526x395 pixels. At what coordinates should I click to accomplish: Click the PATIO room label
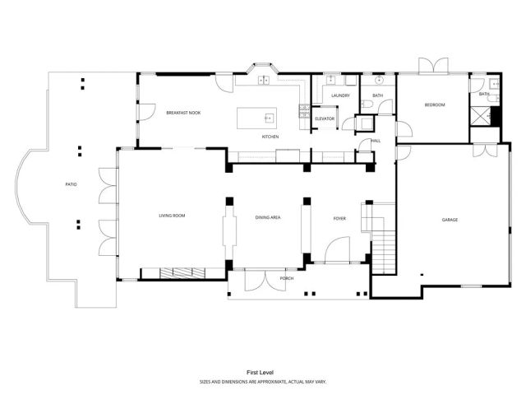click(x=72, y=184)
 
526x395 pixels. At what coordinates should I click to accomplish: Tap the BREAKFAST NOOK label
click(x=183, y=112)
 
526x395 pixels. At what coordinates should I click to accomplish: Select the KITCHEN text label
click(x=270, y=136)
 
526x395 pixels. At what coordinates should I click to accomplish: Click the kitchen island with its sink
click(x=257, y=118)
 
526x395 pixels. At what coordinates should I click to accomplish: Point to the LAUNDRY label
click(x=340, y=96)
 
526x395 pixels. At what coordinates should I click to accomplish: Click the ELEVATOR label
click(x=325, y=118)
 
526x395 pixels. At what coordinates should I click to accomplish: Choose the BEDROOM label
click(x=434, y=105)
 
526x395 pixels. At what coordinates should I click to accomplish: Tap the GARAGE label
click(x=450, y=220)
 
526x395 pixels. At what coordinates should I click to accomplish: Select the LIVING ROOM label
click(x=173, y=216)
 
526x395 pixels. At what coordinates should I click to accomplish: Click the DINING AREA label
click(x=268, y=217)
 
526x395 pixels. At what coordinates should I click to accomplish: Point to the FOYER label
click(x=339, y=218)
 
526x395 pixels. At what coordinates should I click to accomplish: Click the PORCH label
click(x=287, y=278)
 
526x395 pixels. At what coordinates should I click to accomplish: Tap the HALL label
click(x=376, y=141)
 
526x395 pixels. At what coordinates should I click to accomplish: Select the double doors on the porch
click(x=265, y=280)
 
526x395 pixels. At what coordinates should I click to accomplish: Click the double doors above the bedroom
click(x=433, y=66)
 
